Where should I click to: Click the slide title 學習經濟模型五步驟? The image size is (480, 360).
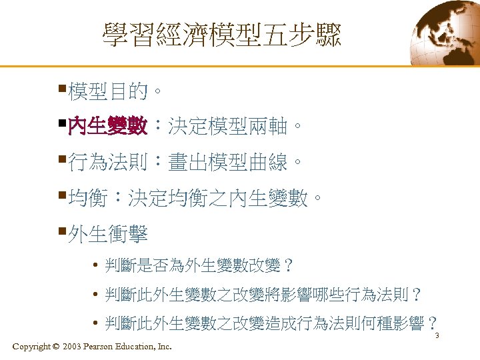(x=221, y=35)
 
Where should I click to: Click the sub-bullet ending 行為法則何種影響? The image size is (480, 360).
(x=271, y=323)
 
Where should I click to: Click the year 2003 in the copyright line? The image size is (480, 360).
(x=75, y=346)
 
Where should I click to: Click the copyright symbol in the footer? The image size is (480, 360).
(x=55, y=346)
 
